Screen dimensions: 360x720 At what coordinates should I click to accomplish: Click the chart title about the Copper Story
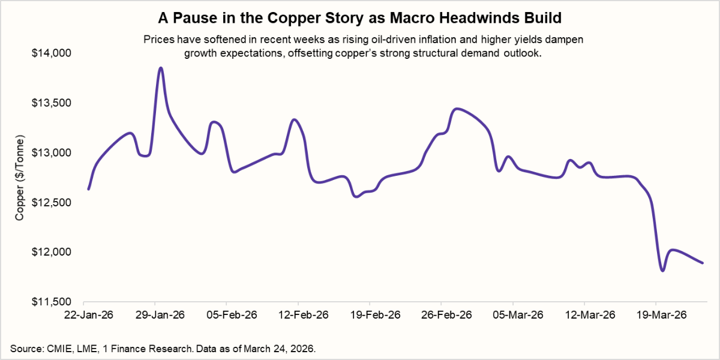360,19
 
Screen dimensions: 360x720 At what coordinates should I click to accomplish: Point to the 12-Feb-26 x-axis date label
298,315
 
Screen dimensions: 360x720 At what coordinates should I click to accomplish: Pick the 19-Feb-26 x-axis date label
370,315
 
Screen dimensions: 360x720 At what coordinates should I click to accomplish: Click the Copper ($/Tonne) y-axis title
20,177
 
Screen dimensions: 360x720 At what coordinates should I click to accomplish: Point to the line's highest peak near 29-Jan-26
160,68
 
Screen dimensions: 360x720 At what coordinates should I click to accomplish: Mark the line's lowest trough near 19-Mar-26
662,271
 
